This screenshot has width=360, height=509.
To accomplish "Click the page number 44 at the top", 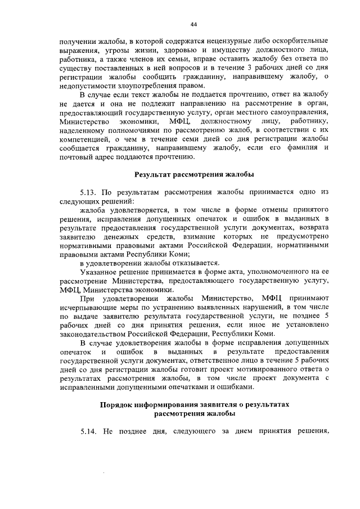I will (193, 24).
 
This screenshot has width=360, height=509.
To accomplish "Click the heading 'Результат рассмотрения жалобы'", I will (193, 174).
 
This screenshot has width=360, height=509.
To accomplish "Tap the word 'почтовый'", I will (75, 156).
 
